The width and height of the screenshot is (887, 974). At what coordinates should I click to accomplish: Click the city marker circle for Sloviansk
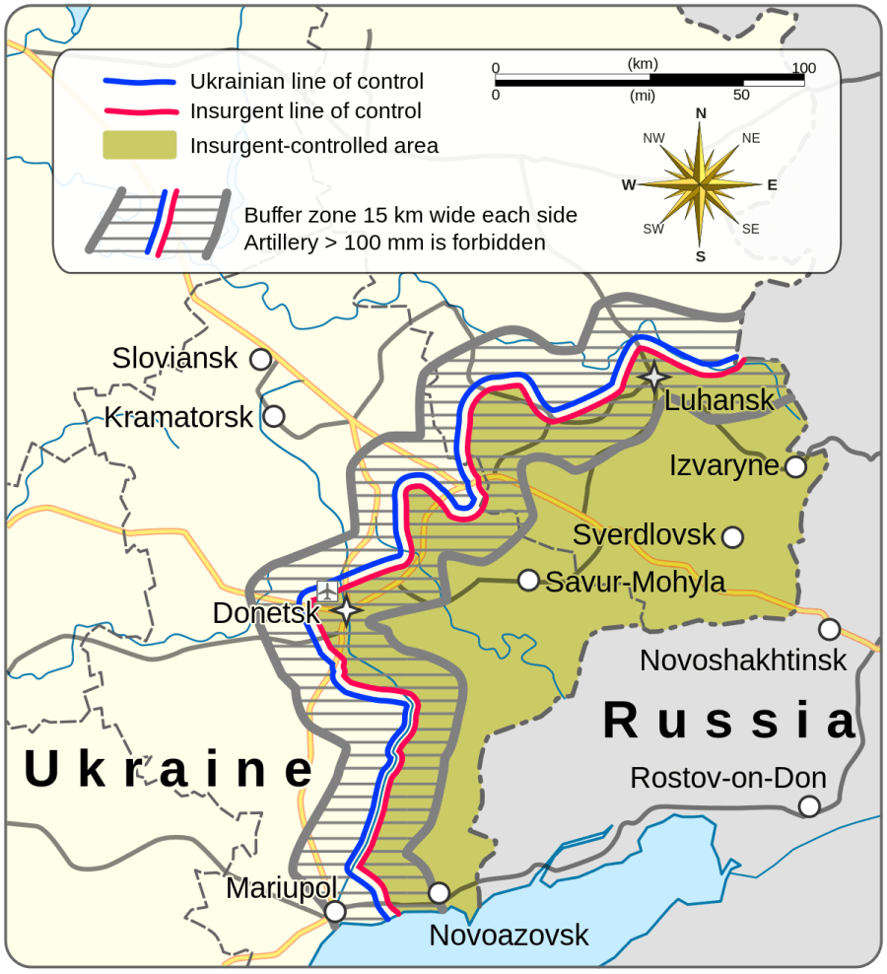pyautogui.click(x=260, y=360)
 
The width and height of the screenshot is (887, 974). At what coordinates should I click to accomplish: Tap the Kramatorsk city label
pyautogui.click(x=178, y=417)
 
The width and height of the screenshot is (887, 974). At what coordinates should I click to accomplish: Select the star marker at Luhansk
pyautogui.click(x=653, y=377)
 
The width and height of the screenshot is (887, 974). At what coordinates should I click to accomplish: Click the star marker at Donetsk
pyautogui.click(x=346, y=611)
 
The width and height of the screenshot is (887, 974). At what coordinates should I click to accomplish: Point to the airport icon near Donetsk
pyautogui.click(x=327, y=591)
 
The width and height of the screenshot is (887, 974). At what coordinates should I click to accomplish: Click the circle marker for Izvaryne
pyautogui.click(x=795, y=467)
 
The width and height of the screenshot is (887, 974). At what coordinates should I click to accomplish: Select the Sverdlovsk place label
pyautogui.click(x=644, y=535)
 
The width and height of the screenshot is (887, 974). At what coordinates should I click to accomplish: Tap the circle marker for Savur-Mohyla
pyautogui.click(x=528, y=580)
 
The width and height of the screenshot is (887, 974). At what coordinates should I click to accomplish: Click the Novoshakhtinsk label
pyautogui.click(x=743, y=660)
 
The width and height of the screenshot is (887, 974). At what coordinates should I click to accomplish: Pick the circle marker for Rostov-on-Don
pyautogui.click(x=809, y=806)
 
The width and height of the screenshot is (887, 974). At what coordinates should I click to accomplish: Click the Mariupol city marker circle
pyautogui.click(x=336, y=912)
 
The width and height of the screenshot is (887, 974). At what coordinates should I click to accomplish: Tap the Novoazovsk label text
pyautogui.click(x=509, y=935)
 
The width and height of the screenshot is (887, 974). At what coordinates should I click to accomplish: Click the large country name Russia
pyautogui.click(x=729, y=721)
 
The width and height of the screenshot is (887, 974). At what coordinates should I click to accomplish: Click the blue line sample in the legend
pyautogui.click(x=139, y=82)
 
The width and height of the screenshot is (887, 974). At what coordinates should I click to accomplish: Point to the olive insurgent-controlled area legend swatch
pyautogui.click(x=139, y=145)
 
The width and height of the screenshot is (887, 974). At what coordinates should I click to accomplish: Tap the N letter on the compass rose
pyautogui.click(x=701, y=113)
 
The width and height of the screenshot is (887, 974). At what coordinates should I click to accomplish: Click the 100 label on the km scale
pyautogui.click(x=804, y=68)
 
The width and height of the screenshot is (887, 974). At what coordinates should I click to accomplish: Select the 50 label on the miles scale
pyautogui.click(x=741, y=95)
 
